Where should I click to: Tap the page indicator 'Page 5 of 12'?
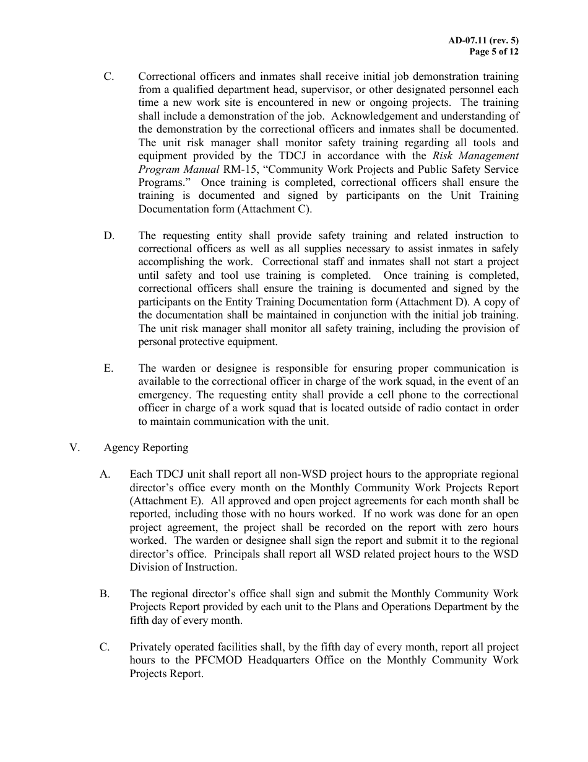[x=494, y=51]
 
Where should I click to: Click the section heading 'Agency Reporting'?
[x=146, y=447]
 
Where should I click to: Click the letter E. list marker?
[x=109, y=368]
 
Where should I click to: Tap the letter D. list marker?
[x=109, y=235]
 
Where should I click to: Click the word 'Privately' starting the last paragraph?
[x=149, y=647]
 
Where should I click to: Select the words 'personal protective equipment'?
[x=208, y=341]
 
